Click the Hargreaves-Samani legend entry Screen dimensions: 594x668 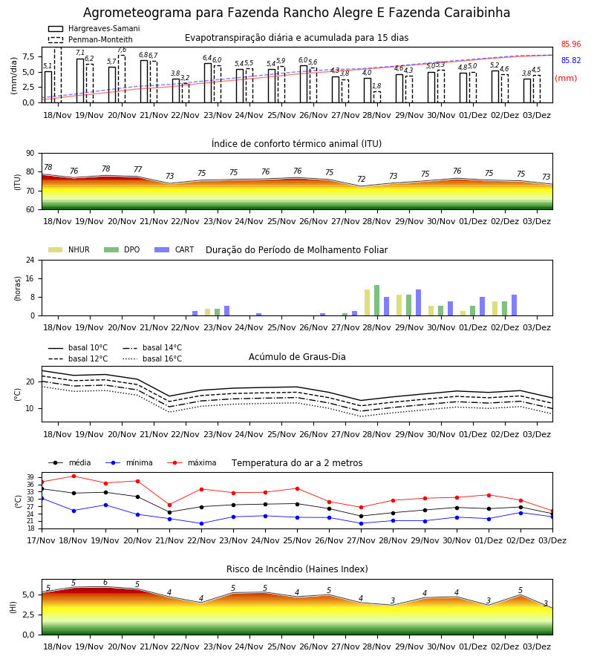pos(94,28)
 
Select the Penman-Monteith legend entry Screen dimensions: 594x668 pos(91,39)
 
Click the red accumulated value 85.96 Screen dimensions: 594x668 pos(571,44)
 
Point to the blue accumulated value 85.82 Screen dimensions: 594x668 pos(571,61)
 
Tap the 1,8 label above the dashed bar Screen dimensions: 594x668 pos(376,86)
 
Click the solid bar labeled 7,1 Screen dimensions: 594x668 pos(80,80)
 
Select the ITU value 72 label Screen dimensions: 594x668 pos(362,179)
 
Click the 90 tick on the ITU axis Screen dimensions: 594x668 pos(30,154)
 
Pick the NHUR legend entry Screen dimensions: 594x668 pos(69,249)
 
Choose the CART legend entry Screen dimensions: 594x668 pos(174,249)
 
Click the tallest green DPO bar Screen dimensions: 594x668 pos(376,301)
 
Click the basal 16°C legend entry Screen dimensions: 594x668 pos(152,358)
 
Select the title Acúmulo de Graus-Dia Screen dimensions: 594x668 pos(297,357)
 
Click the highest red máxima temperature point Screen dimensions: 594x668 pos(74,476)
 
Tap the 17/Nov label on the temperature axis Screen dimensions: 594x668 pos(42,540)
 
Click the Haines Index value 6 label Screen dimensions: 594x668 pos(105,583)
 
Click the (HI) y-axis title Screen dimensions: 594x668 pos(13,607)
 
